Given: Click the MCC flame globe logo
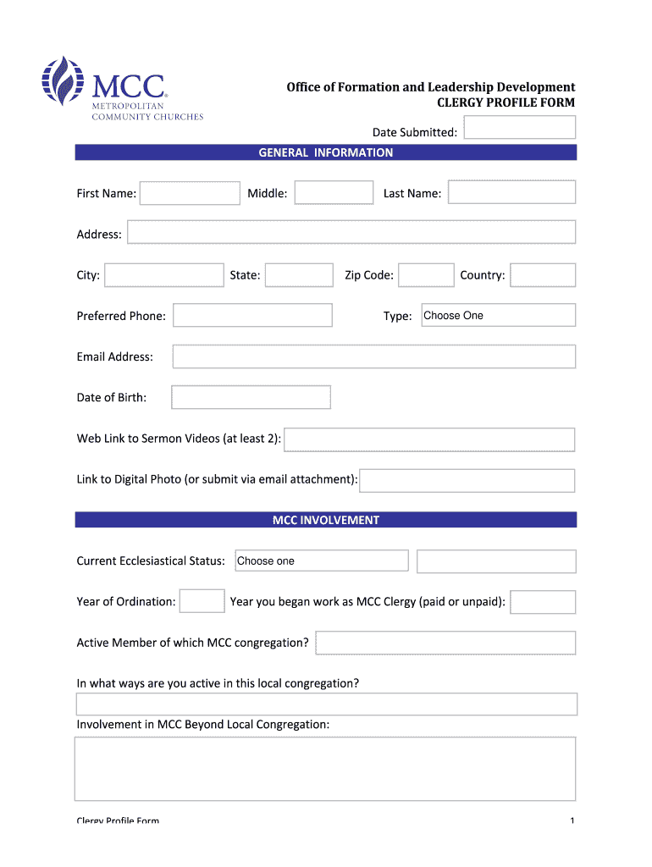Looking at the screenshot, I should pyautogui.click(x=64, y=82).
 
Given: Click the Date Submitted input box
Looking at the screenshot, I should pyautogui.click(x=520, y=128).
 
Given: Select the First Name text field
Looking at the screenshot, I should pyautogui.click(x=191, y=194).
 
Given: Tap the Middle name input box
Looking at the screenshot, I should pyautogui.click(x=334, y=193).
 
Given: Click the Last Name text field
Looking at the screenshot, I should pyautogui.click(x=511, y=192).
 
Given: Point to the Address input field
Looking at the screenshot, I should pyautogui.click(x=351, y=233).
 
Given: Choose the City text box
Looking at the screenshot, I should pyautogui.click(x=164, y=275).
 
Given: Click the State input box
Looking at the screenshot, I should pyautogui.click(x=299, y=275).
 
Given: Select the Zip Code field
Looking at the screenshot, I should pyautogui.click(x=426, y=275).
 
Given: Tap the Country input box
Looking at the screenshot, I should pyautogui.click(x=543, y=275).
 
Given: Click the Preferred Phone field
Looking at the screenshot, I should pyautogui.click(x=252, y=316).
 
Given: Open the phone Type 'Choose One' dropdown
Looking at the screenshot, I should pyautogui.click(x=498, y=315).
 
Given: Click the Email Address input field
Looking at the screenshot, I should pyautogui.click(x=373, y=356).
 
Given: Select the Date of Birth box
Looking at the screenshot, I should pyautogui.click(x=251, y=397).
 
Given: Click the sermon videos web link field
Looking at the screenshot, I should pyautogui.click(x=429, y=439).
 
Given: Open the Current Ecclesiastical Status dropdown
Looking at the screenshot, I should pyautogui.click(x=321, y=561).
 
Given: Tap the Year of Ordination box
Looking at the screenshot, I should pyautogui.click(x=202, y=601).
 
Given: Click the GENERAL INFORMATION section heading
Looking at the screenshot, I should pyautogui.click(x=326, y=153).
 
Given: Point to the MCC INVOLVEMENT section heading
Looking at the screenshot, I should pyautogui.click(x=326, y=520).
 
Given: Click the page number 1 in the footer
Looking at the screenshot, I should pyautogui.click(x=573, y=820).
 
